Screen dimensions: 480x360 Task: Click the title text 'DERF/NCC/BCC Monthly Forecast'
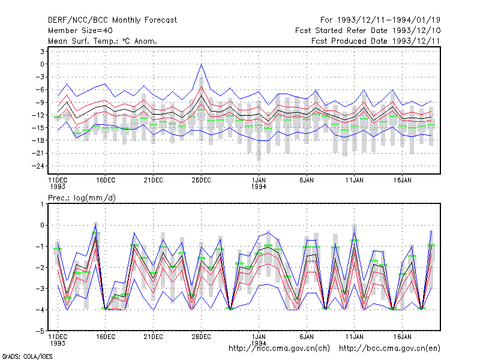coord(112,20)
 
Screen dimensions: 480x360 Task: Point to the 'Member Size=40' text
coord(80,31)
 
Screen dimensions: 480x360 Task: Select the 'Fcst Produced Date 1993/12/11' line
coord(376,41)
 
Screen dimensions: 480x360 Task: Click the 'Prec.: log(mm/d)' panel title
coord(82,198)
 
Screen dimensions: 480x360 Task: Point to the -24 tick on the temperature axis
coord(38,166)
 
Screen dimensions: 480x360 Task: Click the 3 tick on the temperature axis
coord(42,52)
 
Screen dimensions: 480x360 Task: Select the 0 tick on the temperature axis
coord(42,64)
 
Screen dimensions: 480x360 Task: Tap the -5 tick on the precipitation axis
coord(40,331)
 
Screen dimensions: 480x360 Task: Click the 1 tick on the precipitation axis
coord(42,204)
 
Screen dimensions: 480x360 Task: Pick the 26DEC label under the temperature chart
coord(201,180)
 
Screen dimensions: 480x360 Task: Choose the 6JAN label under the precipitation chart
coord(307,337)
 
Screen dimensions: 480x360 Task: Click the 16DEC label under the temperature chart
coord(106,180)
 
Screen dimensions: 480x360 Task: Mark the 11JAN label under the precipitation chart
coord(355,337)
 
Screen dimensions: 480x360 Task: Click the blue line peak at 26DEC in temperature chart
coord(201,64)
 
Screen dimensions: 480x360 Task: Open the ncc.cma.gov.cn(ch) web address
coord(279,349)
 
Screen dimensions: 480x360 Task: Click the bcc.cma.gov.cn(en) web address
coord(389,349)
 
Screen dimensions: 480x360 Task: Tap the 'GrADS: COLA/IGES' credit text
coord(27,356)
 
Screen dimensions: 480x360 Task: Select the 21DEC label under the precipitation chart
coord(154,337)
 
